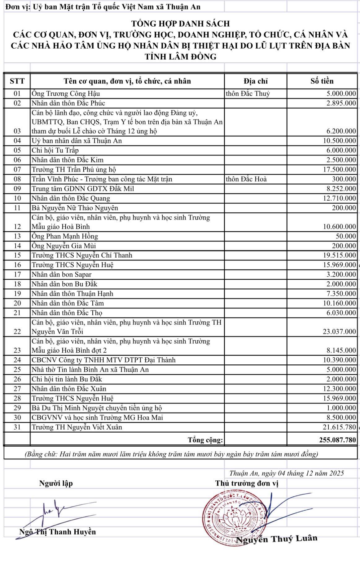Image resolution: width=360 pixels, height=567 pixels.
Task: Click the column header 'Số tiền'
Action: click(x=322, y=81)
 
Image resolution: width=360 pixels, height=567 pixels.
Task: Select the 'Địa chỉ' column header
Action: click(x=255, y=81)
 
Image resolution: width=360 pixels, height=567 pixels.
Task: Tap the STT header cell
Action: click(x=17, y=81)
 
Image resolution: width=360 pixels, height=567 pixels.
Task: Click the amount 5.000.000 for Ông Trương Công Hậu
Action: click(x=341, y=94)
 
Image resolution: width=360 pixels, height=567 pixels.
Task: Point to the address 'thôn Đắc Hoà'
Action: click(x=246, y=179)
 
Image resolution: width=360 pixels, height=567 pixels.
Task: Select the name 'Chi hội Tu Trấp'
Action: click(x=55, y=150)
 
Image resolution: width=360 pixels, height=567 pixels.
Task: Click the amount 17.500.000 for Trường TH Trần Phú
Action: click(x=339, y=169)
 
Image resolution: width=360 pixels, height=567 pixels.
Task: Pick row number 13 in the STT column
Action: click(x=17, y=236)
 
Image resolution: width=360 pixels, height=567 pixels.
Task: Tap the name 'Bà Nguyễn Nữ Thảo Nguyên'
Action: click(x=75, y=208)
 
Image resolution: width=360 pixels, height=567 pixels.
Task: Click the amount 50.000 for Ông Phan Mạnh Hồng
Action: click(x=346, y=236)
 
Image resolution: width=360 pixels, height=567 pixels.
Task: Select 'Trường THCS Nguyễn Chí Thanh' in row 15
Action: click(x=82, y=255)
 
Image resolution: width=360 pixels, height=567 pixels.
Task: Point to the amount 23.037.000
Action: click(x=339, y=332)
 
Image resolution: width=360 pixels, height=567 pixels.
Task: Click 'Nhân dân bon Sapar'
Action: click(x=61, y=274)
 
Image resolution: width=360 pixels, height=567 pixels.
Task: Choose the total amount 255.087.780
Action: click(x=337, y=440)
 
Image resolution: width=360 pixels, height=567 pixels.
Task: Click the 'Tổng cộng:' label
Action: click(x=205, y=440)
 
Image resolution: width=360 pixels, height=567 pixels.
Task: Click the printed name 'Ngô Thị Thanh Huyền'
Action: click(x=58, y=532)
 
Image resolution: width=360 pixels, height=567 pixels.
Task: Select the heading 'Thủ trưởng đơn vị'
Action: click(x=247, y=483)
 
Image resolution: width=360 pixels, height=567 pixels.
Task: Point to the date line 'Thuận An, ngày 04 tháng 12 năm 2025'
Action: click(x=287, y=473)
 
